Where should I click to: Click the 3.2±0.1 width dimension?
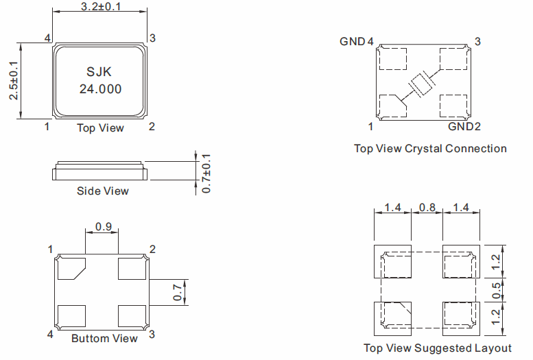(100, 6)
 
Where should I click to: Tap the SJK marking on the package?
(100, 72)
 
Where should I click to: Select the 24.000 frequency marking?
(101, 89)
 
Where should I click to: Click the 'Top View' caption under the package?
(100, 128)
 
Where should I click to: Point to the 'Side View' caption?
(102, 191)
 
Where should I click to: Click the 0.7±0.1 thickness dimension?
(206, 172)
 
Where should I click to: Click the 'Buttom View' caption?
(104, 338)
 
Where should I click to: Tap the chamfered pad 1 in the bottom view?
(71, 268)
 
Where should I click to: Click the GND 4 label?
(356, 41)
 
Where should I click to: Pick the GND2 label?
(464, 127)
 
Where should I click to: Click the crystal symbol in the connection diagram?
(421, 84)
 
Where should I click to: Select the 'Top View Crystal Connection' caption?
(430, 148)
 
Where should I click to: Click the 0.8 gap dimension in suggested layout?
(427, 207)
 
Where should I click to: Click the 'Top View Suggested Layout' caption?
(437, 348)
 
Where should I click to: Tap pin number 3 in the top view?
(152, 37)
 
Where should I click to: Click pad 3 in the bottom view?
(132, 315)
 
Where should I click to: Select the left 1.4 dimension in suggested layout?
(392, 207)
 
